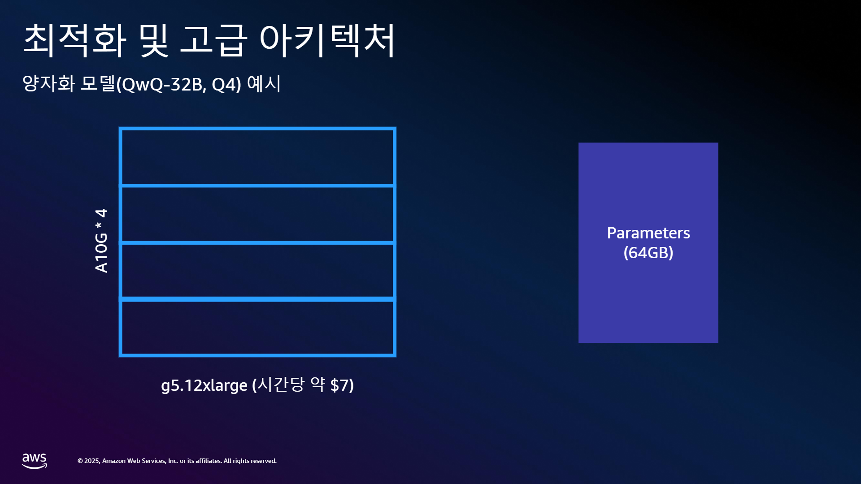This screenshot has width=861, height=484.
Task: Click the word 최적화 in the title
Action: coord(74,40)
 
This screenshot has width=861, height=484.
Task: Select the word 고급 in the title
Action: coord(213,40)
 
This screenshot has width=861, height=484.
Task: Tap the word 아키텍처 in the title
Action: coord(328,40)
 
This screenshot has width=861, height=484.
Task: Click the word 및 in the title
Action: coord(154,40)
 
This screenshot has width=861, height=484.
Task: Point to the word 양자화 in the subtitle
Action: coord(48,83)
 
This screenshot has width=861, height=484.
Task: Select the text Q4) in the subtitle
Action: coord(226,84)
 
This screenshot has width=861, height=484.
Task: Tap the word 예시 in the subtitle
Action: coord(264,83)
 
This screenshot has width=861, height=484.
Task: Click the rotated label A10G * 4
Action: coord(101,241)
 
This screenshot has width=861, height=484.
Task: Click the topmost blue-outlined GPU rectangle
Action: coord(257,129)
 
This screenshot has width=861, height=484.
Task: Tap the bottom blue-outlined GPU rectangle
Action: coord(257,355)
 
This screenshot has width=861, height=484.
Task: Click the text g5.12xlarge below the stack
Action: coord(204,385)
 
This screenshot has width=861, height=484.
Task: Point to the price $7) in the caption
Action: coord(342,385)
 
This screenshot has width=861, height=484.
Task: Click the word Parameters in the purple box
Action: coord(648,233)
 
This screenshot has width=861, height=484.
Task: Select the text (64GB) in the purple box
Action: coord(648,253)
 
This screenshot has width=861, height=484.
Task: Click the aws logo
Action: coord(35,461)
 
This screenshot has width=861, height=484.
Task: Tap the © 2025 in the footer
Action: coord(88,461)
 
